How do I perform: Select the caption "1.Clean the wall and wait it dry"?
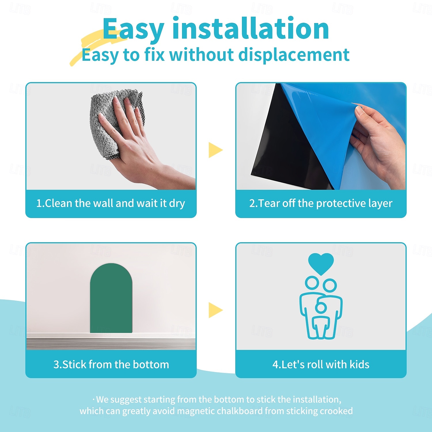(111, 203)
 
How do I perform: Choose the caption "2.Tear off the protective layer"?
(321, 203)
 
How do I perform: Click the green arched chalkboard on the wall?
(111, 298)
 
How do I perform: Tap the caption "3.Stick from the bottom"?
(111, 364)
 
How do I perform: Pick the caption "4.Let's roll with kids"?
(321, 364)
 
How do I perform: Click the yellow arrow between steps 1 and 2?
(215, 150)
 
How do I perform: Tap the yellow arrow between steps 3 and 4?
(215, 310)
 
